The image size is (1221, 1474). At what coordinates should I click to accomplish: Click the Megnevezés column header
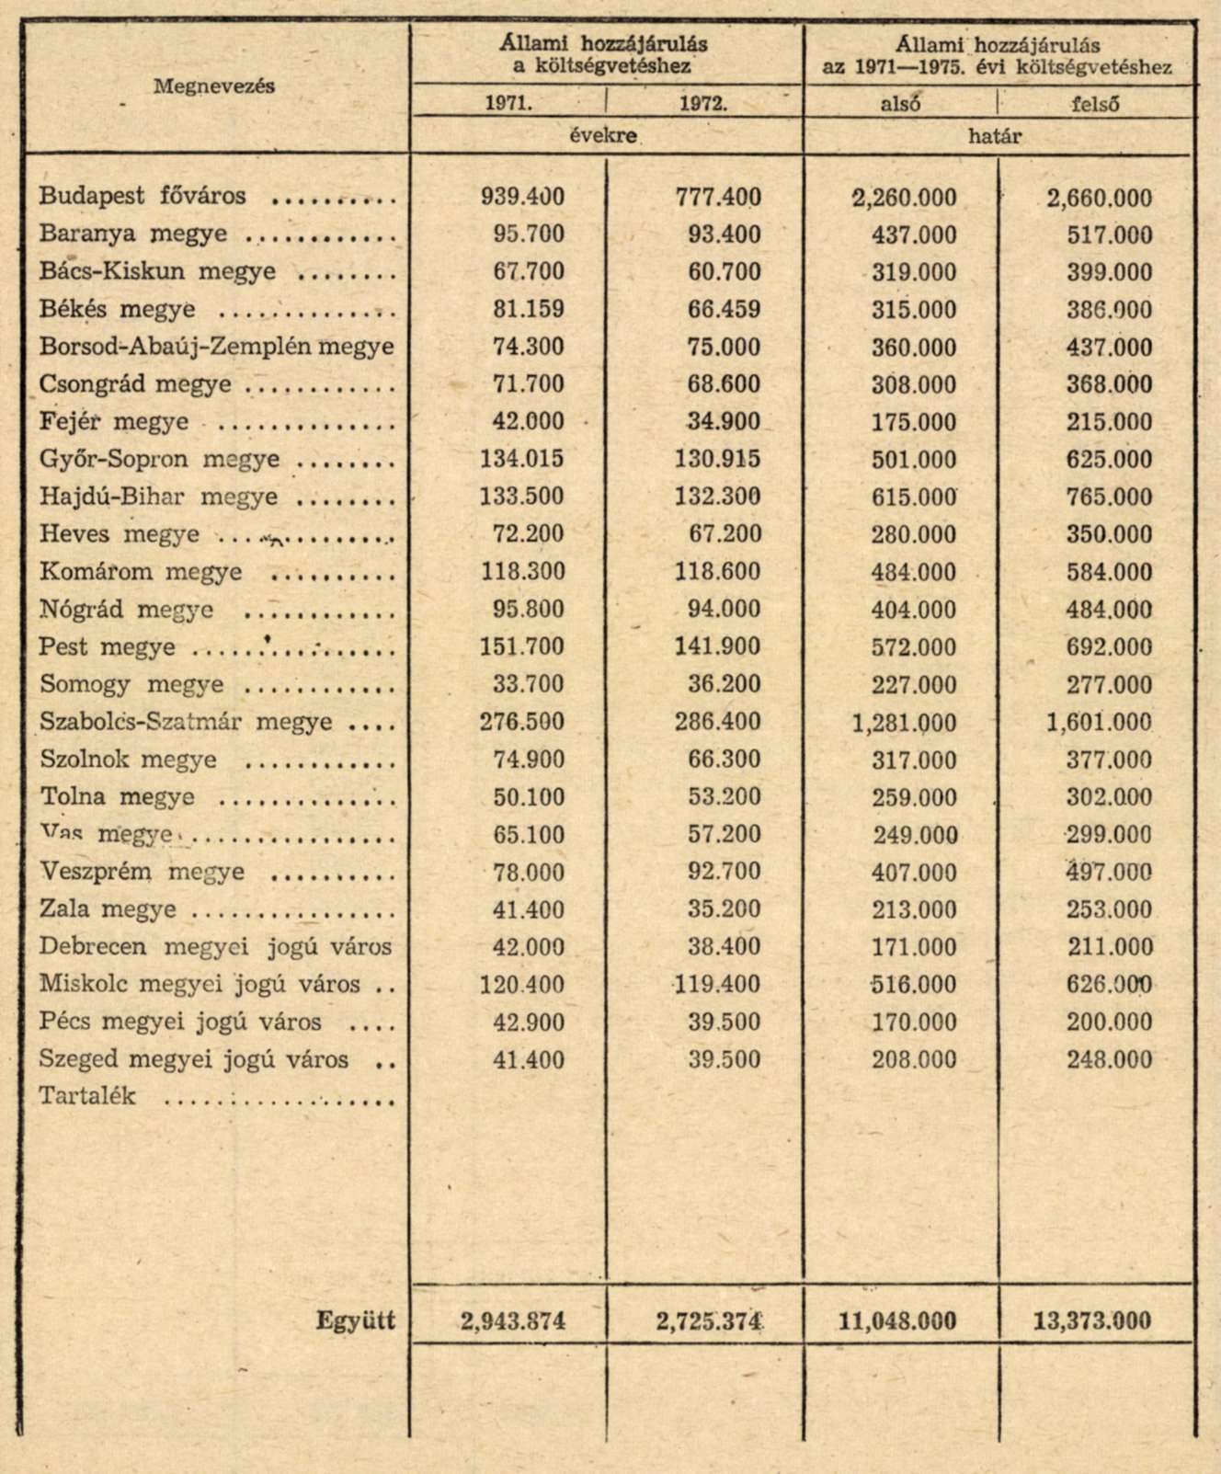tap(213, 86)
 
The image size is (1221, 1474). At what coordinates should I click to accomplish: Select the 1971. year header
tap(508, 104)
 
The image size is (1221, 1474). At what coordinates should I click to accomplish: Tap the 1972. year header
tap(703, 104)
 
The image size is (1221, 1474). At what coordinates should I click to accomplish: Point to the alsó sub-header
tap(900, 104)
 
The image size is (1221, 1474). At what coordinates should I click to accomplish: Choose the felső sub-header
tap(1095, 104)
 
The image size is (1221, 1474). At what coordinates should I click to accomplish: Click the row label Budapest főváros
tap(143, 196)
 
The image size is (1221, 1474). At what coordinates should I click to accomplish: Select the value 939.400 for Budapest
tap(522, 197)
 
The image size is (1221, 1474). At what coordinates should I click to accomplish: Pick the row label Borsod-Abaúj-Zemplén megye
tap(216, 347)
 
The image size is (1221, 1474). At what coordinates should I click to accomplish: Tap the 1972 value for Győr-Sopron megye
tap(717, 460)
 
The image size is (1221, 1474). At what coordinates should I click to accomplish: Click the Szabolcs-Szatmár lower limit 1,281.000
tap(904, 723)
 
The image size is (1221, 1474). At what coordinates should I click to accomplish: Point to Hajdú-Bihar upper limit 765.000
tap(1109, 497)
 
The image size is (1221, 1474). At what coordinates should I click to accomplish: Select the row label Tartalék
tap(87, 1096)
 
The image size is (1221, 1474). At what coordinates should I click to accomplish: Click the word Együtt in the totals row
tap(356, 1320)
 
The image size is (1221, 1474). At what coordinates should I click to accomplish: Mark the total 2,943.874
tap(513, 1322)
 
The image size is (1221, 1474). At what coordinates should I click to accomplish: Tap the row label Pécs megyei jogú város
tap(180, 1022)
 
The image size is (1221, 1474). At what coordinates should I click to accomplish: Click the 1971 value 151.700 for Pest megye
tap(522, 647)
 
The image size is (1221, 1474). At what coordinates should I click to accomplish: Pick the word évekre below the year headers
tap(603, 136)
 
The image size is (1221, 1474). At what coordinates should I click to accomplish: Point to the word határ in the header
tap(995, 136)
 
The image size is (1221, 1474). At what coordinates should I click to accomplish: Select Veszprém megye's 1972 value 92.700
tap(724, 873)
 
